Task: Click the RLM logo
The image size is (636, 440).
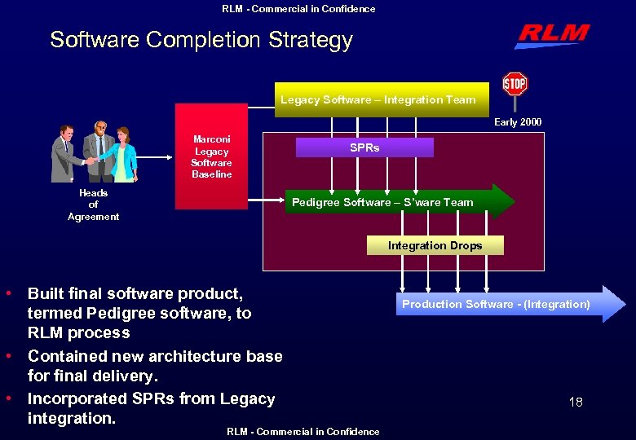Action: [552, 36]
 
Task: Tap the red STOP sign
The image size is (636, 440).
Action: [515, 85]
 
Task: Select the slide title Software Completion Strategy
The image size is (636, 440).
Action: [201, 40]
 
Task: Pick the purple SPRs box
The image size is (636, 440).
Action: [364, 147]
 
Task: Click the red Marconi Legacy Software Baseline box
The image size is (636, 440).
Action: [211, 156]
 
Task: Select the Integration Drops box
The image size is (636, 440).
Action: [435, 245]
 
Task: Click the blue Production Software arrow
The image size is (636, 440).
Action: [506, 304]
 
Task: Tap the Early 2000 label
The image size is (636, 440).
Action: [518, 122]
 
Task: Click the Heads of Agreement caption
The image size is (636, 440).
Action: [93, 205]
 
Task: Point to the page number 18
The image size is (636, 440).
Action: [575, 402]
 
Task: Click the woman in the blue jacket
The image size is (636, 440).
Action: [124, 154]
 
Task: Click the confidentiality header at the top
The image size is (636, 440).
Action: [298, 9]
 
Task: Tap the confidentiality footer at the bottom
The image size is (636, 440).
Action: [303, 432]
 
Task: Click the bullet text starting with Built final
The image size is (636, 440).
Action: [139, 313]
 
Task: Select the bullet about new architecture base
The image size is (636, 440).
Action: [155, 366]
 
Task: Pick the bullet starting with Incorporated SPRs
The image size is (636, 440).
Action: [151, 408]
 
